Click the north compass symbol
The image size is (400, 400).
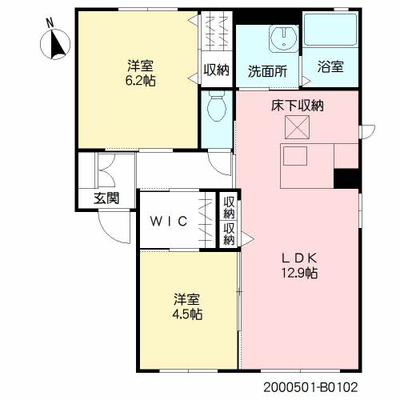tap(55, 43)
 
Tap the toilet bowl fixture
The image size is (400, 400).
tap(217, 106)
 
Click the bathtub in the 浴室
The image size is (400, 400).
tap(330, 30)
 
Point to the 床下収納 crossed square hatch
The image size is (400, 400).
tap(297, 127)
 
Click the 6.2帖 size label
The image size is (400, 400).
tap(141, 81)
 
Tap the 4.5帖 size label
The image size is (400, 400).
tap(187, 314)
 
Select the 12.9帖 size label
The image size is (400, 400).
tap(299, 273)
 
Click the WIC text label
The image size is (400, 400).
tap(169, 222)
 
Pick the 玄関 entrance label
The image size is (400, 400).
tap(106, 198)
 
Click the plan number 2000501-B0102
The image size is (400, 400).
tap(310, 387)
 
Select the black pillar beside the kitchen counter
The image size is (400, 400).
tap(346, 178)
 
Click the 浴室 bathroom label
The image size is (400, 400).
tap(330, 66)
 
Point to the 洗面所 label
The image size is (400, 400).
tap(267, 71)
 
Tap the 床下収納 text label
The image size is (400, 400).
tap(298, 106)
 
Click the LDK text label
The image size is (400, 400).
tap(299, 258)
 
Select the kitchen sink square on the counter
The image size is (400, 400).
tap(295, 156)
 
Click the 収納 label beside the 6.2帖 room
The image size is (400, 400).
tap(216, 70)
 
